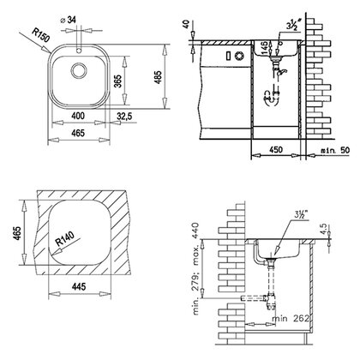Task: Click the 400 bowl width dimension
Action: click(x=80, y=114)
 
